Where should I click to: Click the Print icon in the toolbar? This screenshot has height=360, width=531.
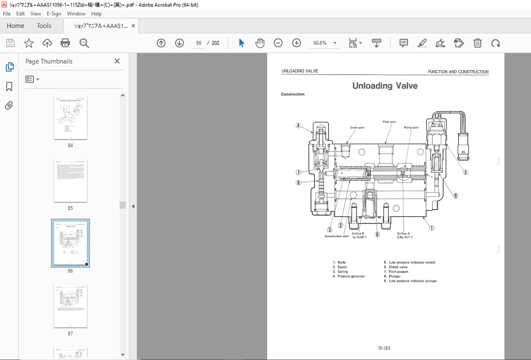(x=65, y=43)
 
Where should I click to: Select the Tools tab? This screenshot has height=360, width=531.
(x=44, y=26)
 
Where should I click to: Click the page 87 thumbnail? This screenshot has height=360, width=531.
(x=70, y=306)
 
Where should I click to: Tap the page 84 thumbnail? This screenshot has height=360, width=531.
(x=70, y=118)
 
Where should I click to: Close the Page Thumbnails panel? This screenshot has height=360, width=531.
(x=117, y=61)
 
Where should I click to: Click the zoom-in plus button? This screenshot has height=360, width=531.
(x=296, y=43)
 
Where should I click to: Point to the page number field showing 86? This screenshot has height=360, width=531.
(x=199, y=43)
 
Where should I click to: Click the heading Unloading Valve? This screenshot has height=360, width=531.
(x=385, y=86)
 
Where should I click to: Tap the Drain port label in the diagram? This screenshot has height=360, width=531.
(x=357, y=128)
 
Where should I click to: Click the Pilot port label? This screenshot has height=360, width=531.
(x=389, y=122)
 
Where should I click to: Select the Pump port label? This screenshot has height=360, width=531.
(x=411, y=128)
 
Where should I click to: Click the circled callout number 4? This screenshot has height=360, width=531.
(x=298, y=126)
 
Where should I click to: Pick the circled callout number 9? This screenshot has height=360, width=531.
(x=456, y=196)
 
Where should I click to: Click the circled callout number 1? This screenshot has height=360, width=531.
(x=432, y=228)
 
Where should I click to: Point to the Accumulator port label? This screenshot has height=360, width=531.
(x=337, y=236)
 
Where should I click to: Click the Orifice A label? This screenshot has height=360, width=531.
(x=403, y=234)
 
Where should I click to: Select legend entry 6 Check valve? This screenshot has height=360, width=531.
(x=398, y=267)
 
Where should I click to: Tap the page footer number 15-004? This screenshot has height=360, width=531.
(x=384, y=348)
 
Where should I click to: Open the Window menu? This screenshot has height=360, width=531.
(x=76, y=14)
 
